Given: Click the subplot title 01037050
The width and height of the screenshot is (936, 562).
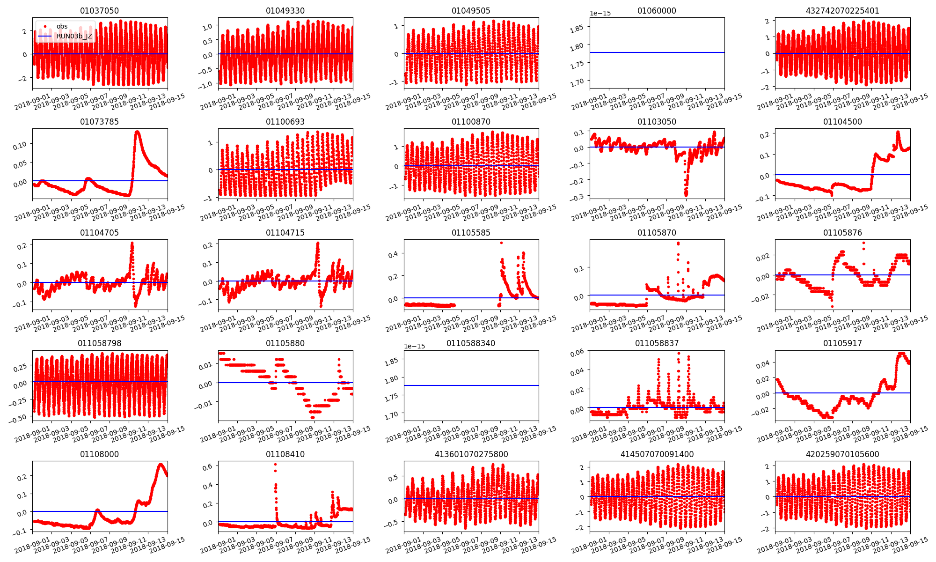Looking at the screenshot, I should (99, 11).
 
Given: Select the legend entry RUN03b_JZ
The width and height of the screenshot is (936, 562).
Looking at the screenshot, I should (74, 36).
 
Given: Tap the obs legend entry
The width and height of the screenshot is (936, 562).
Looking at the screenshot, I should (62, 27).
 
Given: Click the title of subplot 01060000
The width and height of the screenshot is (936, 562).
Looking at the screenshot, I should (657, 11).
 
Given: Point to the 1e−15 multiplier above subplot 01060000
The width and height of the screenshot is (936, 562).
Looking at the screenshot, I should (600, 14).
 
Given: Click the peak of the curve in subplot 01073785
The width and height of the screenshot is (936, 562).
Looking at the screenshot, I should (137, 132).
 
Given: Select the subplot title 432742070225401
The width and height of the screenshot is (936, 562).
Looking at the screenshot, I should (842, 11).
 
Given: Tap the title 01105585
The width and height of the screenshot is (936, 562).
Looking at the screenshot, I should (471, 233).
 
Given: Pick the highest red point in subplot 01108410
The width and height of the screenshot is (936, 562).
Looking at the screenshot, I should (275, 464).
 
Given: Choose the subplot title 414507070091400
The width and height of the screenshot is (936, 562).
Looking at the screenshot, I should (657, 454).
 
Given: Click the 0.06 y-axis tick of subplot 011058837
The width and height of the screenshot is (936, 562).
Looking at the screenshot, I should (577, 353).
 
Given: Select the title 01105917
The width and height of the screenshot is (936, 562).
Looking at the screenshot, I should (842, 343).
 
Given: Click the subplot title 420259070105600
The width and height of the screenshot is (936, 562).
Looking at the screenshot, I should (842, 454).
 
